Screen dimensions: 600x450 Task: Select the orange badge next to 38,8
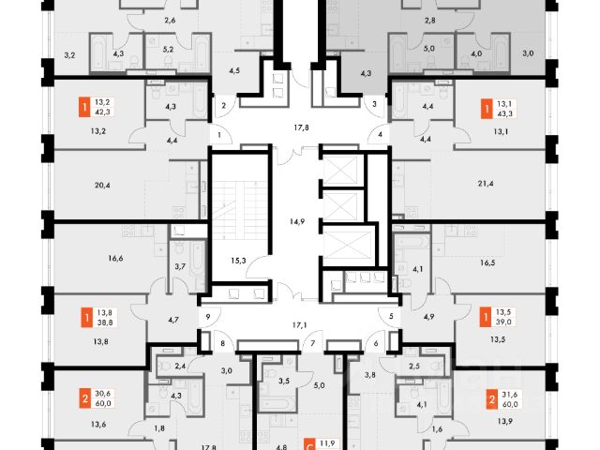click(85, 315)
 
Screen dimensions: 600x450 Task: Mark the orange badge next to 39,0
click(487, 316)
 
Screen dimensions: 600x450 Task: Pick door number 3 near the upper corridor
click(374, 105)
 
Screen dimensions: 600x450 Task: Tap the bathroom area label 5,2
click(168, 51)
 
